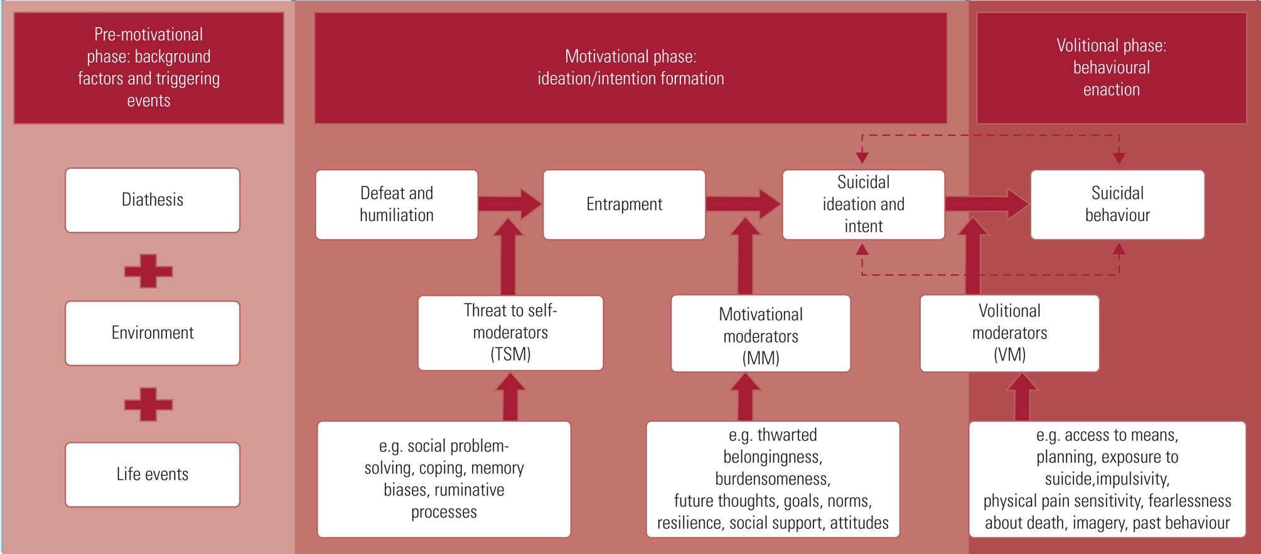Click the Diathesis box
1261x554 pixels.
[153, 200]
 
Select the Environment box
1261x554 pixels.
[153, 333]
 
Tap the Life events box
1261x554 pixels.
[153, 474]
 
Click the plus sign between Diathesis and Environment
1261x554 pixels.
[148, 271]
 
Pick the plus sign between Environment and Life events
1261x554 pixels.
[148, 404]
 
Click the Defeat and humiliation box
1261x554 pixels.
[397, 204]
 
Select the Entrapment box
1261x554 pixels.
[624, 204]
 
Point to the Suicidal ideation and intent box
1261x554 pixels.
[863, 204]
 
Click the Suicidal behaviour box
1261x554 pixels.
[1117, 204]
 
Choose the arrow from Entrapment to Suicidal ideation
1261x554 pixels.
[743, 204]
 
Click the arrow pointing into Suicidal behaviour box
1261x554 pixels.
[986, 204]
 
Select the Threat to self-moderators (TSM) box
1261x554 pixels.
[510, 333]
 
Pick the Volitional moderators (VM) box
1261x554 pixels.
[1009, 333]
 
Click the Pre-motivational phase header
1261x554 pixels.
[149, 67]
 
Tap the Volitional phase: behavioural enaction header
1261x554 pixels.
[1111, 67]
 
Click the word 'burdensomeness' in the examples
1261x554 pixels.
[773, 479]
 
